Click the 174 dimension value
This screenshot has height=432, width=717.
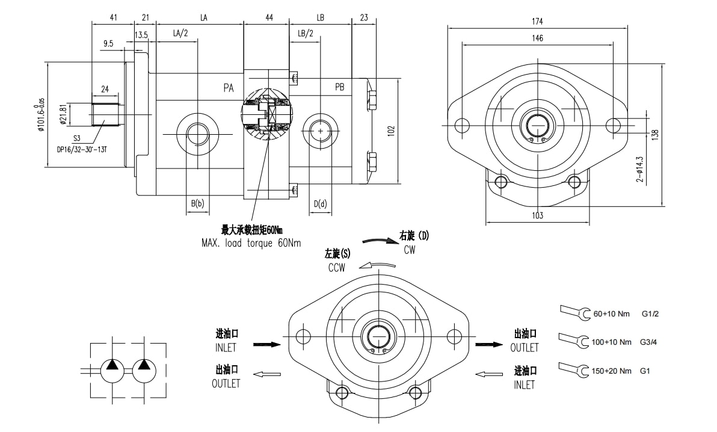point(537,22)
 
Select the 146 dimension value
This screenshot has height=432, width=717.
point(537,39)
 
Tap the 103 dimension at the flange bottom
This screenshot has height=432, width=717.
point(537,215)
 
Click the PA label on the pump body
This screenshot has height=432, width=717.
point(229,88)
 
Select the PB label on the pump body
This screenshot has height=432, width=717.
point(339,88)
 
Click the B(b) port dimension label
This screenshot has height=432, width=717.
point(197,204)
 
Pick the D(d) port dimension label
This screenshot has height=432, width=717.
point(320,204)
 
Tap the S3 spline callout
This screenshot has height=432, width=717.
point(78,138)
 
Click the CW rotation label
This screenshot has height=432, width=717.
point(409,250)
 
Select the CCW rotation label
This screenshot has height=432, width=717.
point(337,268)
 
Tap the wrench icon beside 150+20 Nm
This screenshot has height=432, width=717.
point(574,369)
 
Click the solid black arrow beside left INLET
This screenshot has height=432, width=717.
point(267,345)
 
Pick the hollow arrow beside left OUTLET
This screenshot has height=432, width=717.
point(267,374)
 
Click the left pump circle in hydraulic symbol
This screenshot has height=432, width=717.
point(112,368)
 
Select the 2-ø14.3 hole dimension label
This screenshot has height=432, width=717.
point(640,169)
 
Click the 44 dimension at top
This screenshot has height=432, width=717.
point(269,18)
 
